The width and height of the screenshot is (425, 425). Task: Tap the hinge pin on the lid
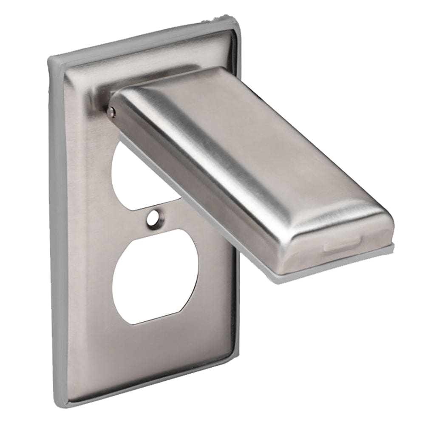[112, 111]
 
